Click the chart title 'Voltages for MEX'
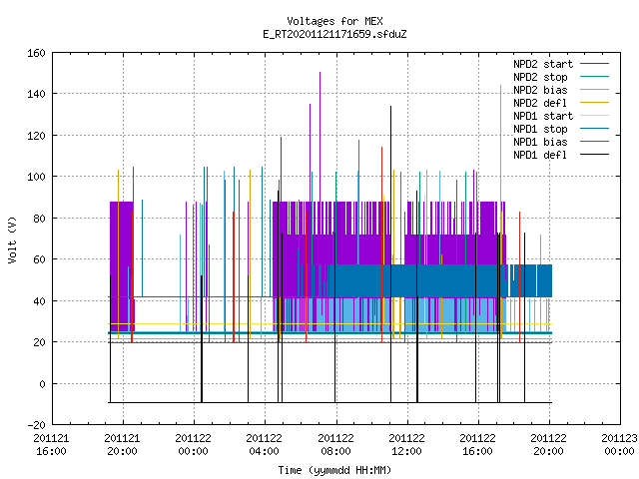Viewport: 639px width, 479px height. click(334, 21)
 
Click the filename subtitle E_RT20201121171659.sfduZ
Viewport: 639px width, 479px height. click(334, 34)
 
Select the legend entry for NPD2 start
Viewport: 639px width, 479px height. click(543, 64)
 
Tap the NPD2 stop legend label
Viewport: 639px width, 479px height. click(540, 77)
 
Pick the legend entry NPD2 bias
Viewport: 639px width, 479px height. click(540, 90)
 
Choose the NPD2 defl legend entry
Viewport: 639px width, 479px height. click(540, 103)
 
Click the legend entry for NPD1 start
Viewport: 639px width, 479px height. click(543, 116)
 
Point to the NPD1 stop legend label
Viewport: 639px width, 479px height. click(540, 129)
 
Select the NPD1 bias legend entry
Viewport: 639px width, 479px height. click(540, 142)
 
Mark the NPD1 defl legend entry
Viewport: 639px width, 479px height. click(540, 156)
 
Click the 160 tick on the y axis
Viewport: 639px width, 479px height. click(36, 53)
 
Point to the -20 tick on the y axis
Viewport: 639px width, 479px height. click(36, 425)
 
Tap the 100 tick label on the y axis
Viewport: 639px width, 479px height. click(36, 177)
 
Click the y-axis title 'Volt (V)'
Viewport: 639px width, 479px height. click(12, 240)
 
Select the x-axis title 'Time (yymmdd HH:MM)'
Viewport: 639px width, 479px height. click(334, 470)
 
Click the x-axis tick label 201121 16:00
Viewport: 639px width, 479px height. click(51, 445)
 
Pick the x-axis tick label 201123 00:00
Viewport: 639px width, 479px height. click(619, 445)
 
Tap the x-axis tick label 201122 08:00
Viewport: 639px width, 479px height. click(335, 445)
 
